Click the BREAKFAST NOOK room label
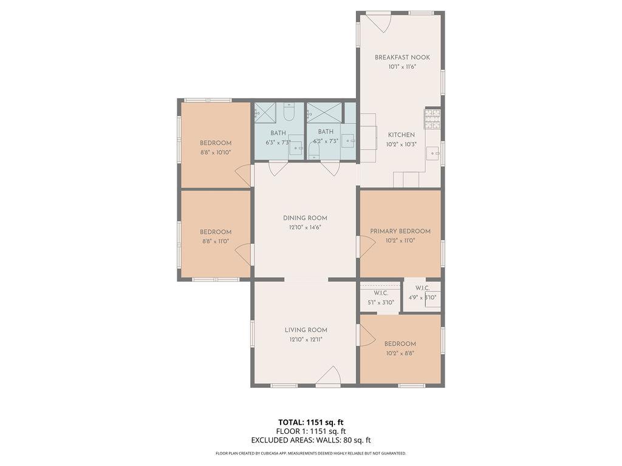click(402, 58)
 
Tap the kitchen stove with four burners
click(432, 119)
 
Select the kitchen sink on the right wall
click(432, 153)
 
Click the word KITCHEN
click(402, 135)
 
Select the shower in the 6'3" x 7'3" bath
click(265, 112)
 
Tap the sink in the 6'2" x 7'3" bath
click(349, 140)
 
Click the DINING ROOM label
click(305, 218)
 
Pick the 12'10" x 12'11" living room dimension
click(306, 340)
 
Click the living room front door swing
click(329, 376)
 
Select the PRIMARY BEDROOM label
click(400, 231)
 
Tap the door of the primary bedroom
click(367, 246)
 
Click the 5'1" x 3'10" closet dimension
click(381, 302)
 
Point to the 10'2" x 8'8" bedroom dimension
click(400, 353)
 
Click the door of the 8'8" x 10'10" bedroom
click(244, 176)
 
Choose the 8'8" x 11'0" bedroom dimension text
click(216, 241)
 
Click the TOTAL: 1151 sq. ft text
click(310, 422)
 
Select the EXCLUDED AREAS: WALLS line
click(310, 441)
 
